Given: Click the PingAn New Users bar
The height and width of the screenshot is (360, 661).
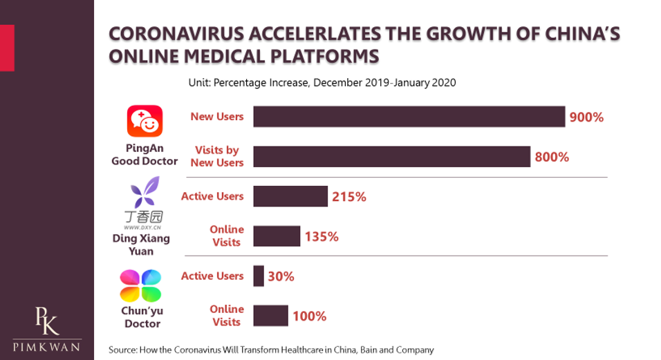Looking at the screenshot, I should (409, 117).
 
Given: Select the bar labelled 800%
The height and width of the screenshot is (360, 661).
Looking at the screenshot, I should (391, 157).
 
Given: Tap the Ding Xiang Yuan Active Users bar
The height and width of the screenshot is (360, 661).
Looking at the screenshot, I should (290, 196).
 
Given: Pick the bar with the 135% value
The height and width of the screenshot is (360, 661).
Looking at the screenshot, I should (277, 236).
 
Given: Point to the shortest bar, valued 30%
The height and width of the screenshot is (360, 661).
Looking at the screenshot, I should (259, 276).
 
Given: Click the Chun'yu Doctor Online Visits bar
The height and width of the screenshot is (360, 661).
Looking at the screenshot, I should (270, 316).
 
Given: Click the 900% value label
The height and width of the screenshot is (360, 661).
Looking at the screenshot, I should (586, 117).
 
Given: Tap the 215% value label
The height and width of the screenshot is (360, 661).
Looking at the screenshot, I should (348, 197).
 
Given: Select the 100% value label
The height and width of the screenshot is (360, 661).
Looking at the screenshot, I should (309, 316).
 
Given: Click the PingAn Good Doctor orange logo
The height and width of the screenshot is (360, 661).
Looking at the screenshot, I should (145, 122).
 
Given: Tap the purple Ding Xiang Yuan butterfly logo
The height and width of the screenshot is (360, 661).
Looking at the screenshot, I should (145, 192).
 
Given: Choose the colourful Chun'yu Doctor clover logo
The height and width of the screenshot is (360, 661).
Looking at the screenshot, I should (140, 285).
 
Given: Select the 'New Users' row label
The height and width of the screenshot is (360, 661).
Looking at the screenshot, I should (217, 117).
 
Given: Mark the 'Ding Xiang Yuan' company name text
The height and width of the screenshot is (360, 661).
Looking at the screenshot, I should (141, 245).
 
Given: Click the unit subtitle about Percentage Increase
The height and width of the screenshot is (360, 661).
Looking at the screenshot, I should (322, 82).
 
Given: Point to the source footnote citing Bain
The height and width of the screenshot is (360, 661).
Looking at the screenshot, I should (271, 350).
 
